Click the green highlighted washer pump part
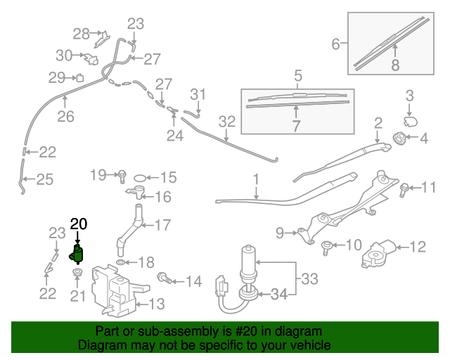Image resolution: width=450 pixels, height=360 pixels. coord(77,255)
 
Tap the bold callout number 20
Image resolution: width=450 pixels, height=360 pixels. coord(79,224)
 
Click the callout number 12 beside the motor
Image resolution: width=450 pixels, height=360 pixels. coord(418,247)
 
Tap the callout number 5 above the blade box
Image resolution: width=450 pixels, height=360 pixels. coord(297,75)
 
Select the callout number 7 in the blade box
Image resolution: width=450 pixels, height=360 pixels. coord(296,127)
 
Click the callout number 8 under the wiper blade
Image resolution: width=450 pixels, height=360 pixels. coord(394,65)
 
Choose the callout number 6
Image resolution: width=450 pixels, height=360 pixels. coord(336,44)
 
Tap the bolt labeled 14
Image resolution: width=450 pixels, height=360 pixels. coord(164,278)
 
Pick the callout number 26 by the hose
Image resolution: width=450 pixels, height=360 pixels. coord(65,117)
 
